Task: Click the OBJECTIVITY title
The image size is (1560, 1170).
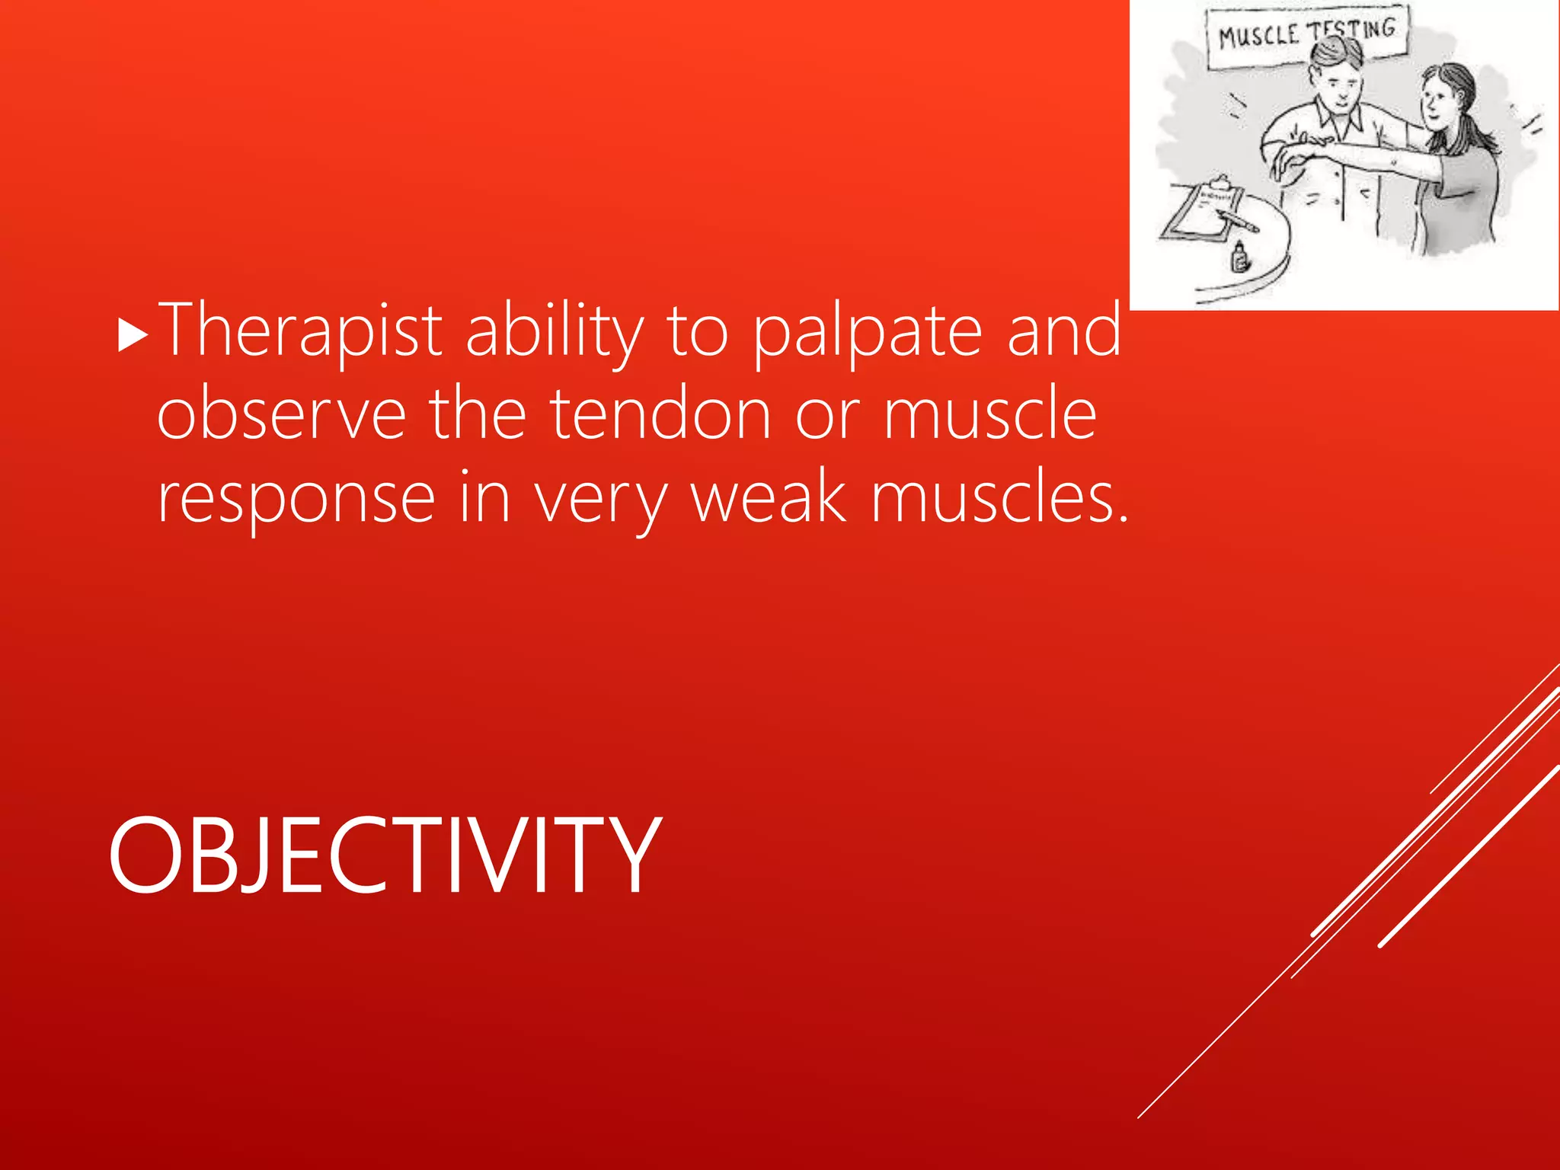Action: tap(385, 855)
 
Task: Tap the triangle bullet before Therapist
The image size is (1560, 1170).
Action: tap(133, 336)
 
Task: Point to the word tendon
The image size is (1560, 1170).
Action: tap(660, 414)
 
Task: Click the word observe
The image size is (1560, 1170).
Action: tap(281, 414)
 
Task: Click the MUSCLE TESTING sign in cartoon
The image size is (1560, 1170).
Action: tap(1307, 34)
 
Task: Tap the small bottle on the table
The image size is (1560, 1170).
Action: tap(1240, 257)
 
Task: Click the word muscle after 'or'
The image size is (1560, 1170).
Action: tap(990, 414)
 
